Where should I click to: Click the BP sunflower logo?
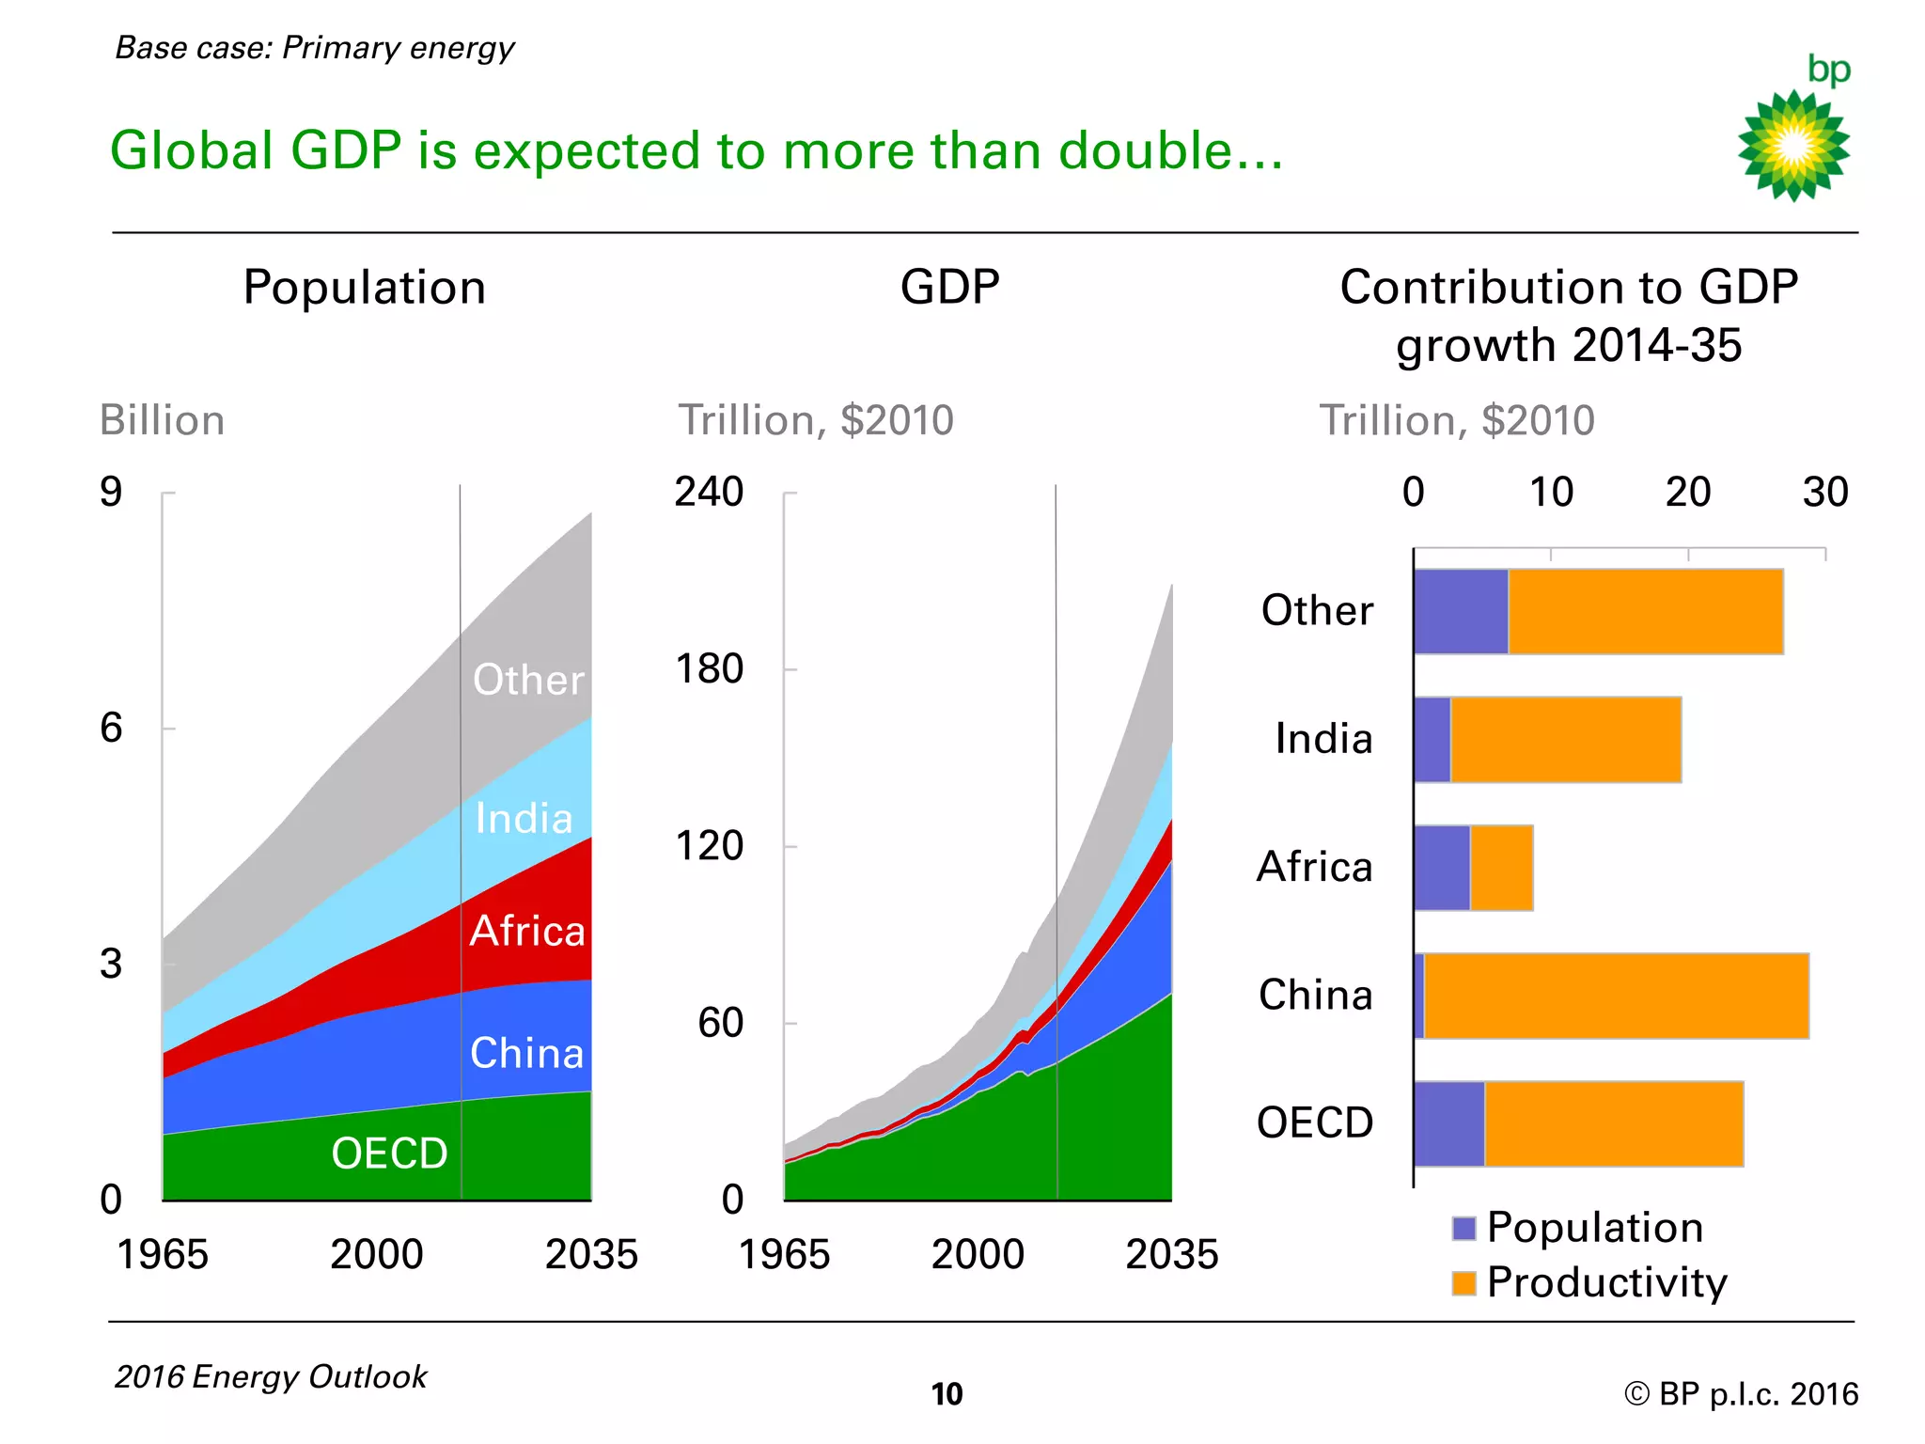[1793, 146]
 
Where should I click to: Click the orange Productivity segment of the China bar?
[1616, 996]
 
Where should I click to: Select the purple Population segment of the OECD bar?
[1448, 1124]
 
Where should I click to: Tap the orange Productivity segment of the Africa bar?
[1501, 868]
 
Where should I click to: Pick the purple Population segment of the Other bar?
[1461, 611]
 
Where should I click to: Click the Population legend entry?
[1579, 1228]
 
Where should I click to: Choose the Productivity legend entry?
[1590, 1282]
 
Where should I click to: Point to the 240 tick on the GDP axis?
[709, 492]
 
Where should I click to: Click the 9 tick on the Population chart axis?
[111, 492]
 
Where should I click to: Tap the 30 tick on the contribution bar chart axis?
[1824, 492]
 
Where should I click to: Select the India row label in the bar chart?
[1323, 739]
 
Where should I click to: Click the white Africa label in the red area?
[527, 931]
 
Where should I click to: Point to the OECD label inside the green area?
[389, 1153]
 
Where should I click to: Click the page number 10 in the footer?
[947, 1393]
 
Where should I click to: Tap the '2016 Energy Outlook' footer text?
[271, 1376]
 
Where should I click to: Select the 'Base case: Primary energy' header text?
[315, 48]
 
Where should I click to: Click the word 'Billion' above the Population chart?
[162, 420]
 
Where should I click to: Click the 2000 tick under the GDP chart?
[978, 1254]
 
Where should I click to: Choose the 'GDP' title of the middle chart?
[949, 287]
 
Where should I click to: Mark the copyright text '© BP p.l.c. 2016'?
[1740, 1393]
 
